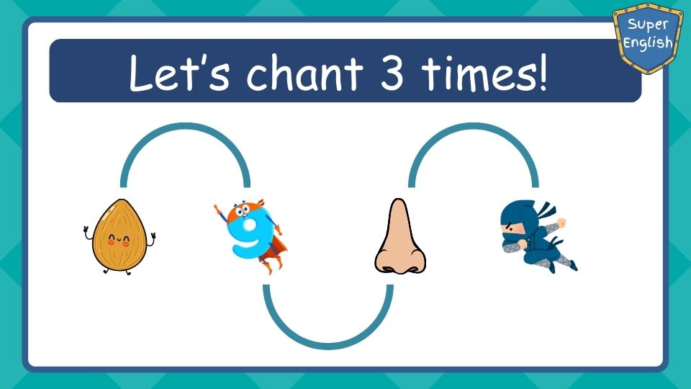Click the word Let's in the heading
click(179, 73)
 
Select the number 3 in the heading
click(392, 72)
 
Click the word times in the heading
click(477, 72)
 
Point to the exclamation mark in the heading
click(542, 72)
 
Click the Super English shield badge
click(648, 37)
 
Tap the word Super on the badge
click(648, 25)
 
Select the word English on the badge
click(648, 43)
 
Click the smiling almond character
click(119, 236)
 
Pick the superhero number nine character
click(250, 236)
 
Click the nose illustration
click(400, 236)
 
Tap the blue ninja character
click(538, 236)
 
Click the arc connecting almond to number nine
click(185, 125)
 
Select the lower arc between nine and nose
click(328, 346)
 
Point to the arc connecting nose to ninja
click(474, 125)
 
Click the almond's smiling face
click(119, 241)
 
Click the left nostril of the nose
click(388, 269)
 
